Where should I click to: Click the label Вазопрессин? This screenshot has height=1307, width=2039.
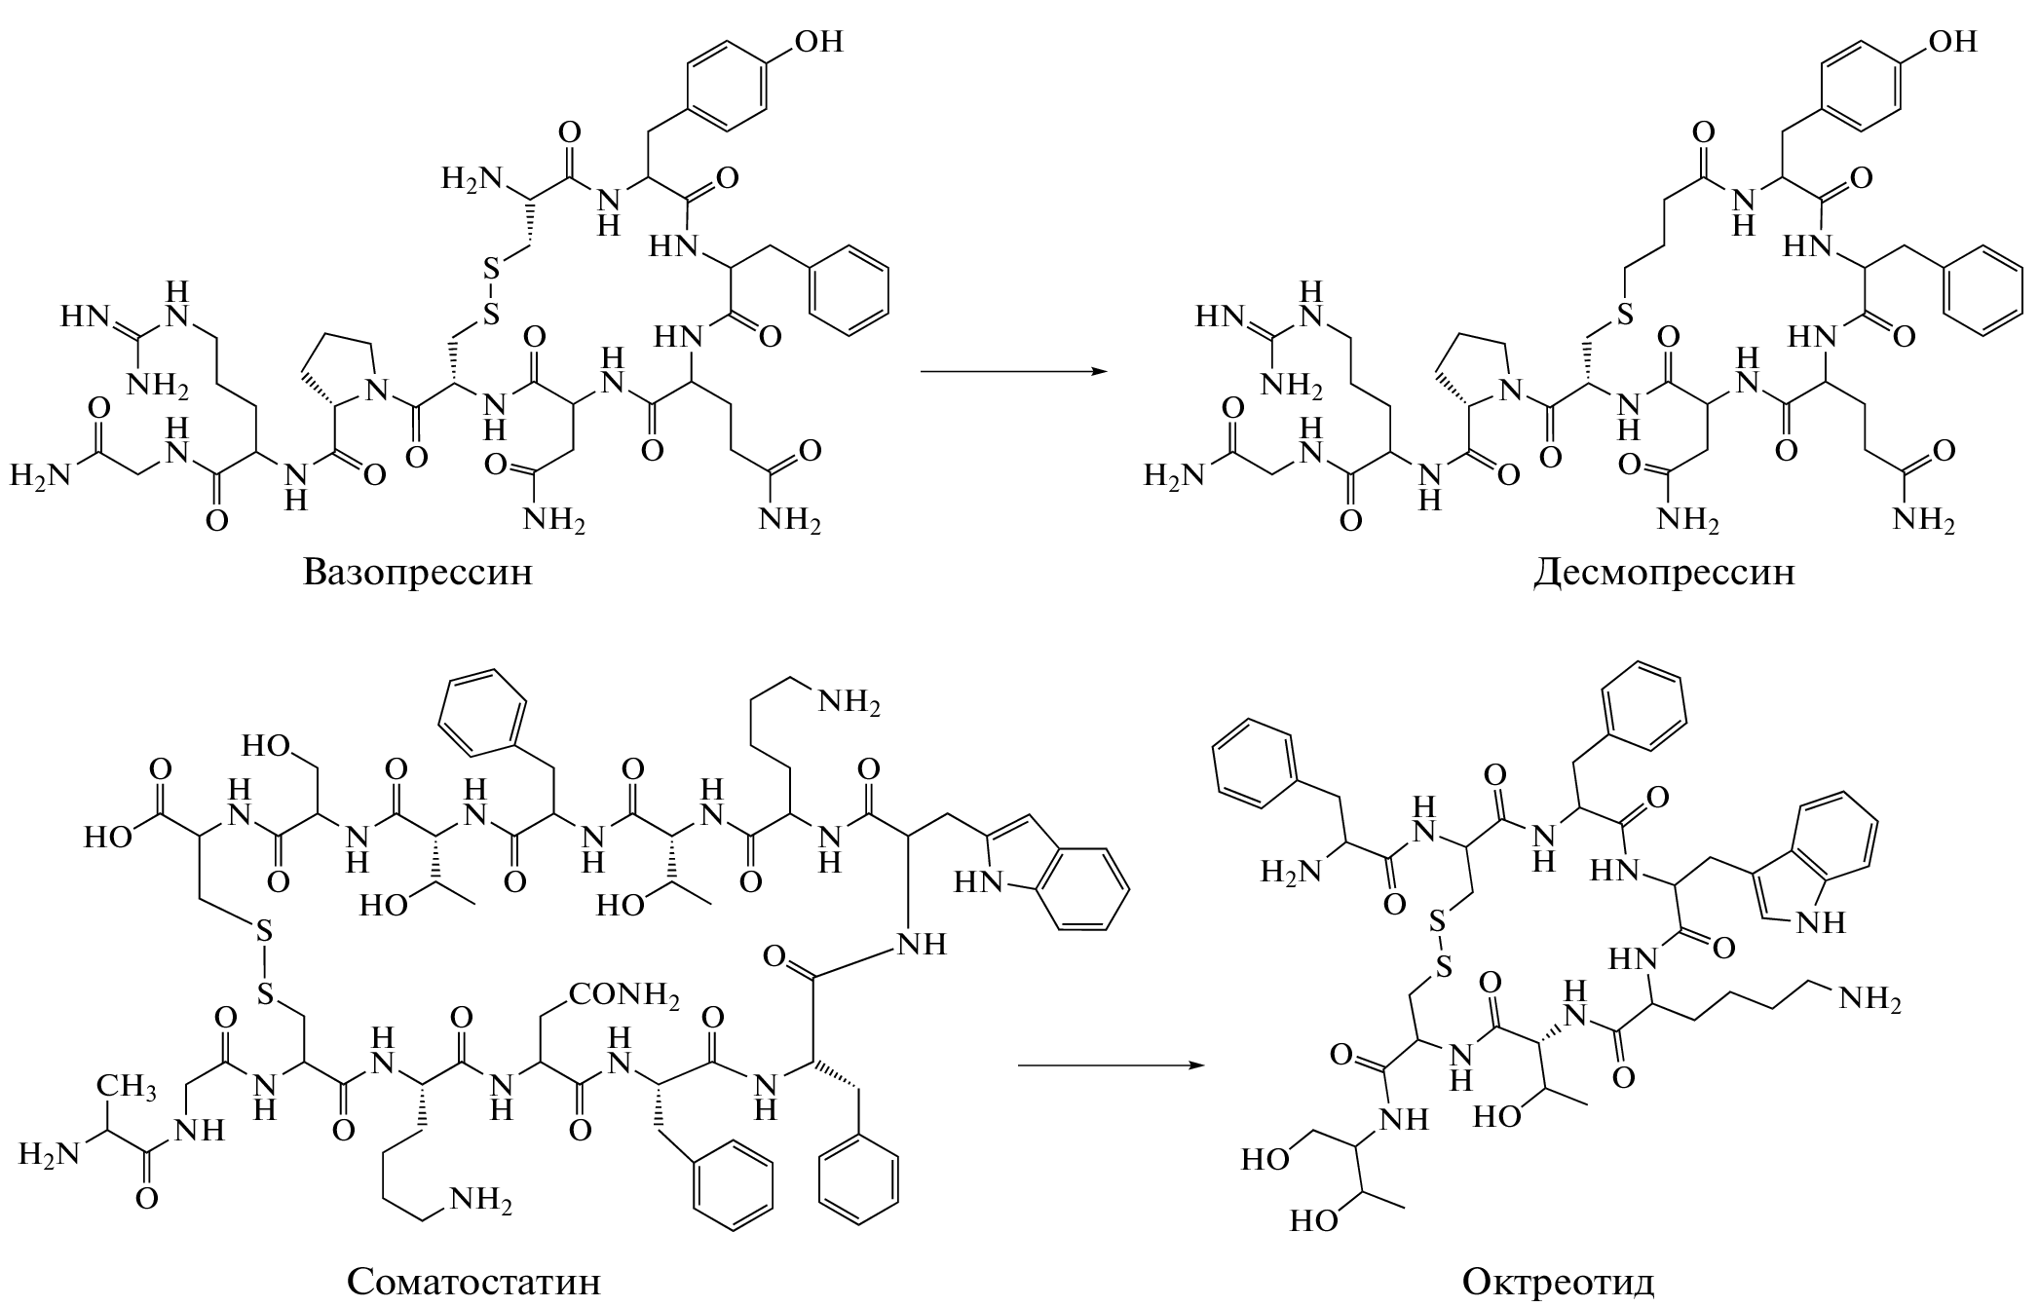pos(418,571)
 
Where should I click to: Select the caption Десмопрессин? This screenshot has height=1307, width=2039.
pos(1663,571)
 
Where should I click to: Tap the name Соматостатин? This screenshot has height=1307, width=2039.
pos(473,1281)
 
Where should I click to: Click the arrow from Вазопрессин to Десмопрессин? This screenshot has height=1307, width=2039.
pos(1013,371)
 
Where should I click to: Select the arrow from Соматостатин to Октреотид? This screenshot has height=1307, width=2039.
pos(1111,1064)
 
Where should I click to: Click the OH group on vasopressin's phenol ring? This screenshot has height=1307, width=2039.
pos(818,42)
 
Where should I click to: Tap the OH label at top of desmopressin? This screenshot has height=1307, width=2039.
pos(1952,42)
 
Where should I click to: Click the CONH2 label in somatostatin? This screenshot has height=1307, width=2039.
pos(624,994)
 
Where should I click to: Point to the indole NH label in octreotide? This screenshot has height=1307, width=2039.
pos(1827,921)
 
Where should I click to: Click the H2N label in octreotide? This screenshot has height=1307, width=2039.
pos(1293,870)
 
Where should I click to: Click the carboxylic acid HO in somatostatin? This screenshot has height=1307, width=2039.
pos(107,838)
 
